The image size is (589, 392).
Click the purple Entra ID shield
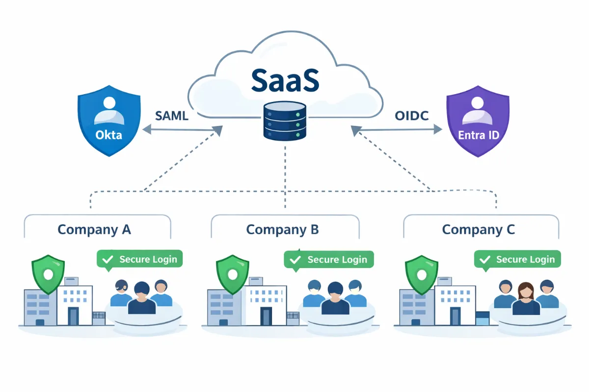coord(478,120)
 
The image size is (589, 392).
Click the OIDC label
coord(411,116)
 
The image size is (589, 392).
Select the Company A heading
coord(94,229)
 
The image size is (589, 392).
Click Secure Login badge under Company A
coord(139,259)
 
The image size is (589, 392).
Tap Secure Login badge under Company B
coord(329,259)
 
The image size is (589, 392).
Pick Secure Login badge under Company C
coord(517,259)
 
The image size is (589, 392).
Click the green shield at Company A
coord(48,274)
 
